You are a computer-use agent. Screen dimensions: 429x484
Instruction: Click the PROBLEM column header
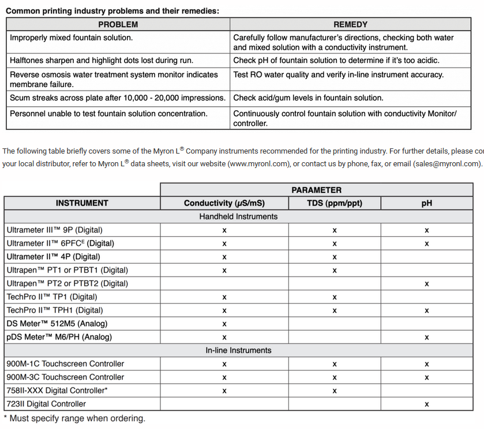coord(118,24)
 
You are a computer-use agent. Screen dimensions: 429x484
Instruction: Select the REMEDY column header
coord(350,24)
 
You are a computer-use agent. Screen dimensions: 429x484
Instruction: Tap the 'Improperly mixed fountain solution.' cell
coord(72,38)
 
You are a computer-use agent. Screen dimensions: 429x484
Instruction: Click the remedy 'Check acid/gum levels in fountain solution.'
coord(308,98)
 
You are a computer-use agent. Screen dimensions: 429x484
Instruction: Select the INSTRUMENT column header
coord(82,203)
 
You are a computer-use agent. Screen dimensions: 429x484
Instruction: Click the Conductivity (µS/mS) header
coord(224,203)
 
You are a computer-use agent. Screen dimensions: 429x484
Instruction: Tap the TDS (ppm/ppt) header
coord(335,203)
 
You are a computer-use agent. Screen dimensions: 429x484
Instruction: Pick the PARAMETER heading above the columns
coord(316,189)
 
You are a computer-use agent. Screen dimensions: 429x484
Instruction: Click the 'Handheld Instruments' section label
coord(238,217)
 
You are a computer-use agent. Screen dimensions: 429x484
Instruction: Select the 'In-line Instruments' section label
coord(238,350)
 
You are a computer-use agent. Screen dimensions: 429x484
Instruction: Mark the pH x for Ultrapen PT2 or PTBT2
coord(427,284)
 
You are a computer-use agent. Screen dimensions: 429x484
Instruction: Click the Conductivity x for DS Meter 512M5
coord(224,324)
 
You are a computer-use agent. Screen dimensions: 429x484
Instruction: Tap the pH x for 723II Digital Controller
coord(427,405)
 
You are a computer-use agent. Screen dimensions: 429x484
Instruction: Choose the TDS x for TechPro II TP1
coord(335,297)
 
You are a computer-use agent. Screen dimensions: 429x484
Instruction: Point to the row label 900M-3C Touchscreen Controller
coord(65,377)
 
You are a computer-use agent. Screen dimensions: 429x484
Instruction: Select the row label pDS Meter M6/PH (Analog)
coord(59,337)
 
